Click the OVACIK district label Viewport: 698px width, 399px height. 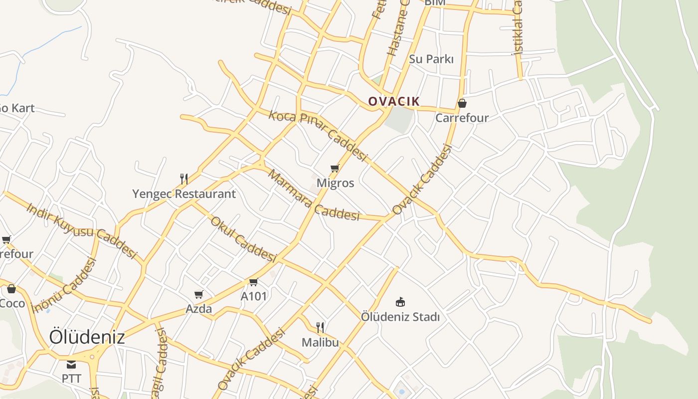pyautogui.click(x=394, y=101)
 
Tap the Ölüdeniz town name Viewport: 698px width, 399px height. pyautogui.click(x=87, y=337)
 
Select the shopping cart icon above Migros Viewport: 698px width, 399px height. pyautogui.click(x=335, y=169)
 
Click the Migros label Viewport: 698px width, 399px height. pyautogui.click(x=335, y=183)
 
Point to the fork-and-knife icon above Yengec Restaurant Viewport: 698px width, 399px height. pyautogui.click(x=184, y=179)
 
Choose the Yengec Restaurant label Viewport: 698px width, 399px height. pyautogui.click(x=183, y=194)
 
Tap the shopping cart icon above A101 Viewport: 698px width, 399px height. pyautogui.click(x=253, y=282)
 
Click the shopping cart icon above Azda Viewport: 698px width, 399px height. pyautogui.click(x=198, y=295)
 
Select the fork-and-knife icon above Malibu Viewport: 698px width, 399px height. pyautogui.click(x=320, y=328)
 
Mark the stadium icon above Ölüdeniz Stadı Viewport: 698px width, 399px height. pyautogui.click(x=400, y=302)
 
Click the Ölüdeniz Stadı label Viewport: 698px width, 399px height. pyautogui.click(x=400, y=317)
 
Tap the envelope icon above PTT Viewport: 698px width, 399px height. pyautogui.click(x=71, y=364)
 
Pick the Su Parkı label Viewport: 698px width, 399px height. pyautogui.click(x=431, y=59)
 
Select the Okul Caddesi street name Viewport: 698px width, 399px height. pyautogui.click(x=243, y=239)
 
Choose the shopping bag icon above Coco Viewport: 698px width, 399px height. pyautogui.click(x=11, y=289)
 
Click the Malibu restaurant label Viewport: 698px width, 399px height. pyautogui.click(x=320, y=343)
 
